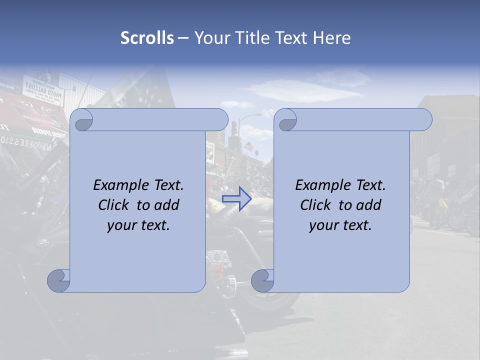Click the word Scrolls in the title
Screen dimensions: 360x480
[147, 38]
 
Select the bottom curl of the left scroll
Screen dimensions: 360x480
[58, 280]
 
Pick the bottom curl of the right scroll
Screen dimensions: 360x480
[262, 280]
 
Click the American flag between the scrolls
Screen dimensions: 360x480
[248, 146]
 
